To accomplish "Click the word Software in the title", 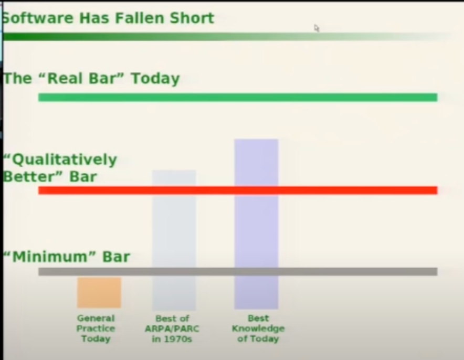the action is click(x=38, y=18).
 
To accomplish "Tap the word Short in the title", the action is click(x=192, y=18).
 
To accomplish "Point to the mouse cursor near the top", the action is click(x=317, y=28).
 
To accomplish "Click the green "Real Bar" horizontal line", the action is click(x=238, y=97).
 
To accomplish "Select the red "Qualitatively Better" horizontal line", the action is click(x=238, y=190).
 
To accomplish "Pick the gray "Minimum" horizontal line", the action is click(x=238, y=271).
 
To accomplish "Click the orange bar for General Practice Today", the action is click(x=99, y=292).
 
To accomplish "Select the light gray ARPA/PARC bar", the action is click(x=174, y=240).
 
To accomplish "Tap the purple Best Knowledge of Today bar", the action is click(x=256, y=224).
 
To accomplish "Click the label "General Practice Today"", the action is click(x=96, y=329).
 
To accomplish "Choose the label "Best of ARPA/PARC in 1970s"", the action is click(x=172, y=329).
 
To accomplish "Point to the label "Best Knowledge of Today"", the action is click(x=258, y=329).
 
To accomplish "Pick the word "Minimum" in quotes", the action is click(x=50, y=257).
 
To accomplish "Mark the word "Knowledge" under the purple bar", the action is click(x=258, y=329).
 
